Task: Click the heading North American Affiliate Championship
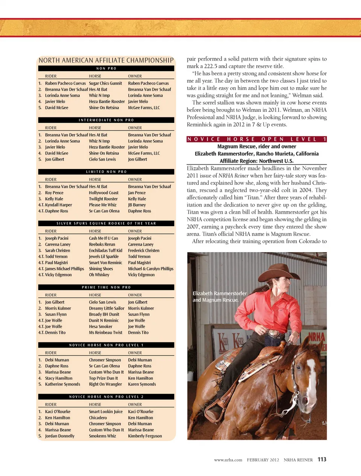106,60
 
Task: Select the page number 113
322,459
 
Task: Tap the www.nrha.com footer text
228,460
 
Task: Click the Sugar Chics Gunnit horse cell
105,83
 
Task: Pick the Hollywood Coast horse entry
103,193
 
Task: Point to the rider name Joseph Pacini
57,238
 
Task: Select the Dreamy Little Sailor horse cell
106,308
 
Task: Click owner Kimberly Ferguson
145,436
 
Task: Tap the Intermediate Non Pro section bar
106,120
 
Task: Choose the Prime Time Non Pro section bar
106,287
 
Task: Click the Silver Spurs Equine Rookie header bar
106,223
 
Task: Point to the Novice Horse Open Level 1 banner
257,139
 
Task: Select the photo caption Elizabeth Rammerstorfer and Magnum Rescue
220,297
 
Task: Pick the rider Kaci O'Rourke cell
58,412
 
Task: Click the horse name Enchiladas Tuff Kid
105,251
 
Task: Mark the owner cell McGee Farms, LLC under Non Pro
144,108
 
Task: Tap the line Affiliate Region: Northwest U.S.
256,161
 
